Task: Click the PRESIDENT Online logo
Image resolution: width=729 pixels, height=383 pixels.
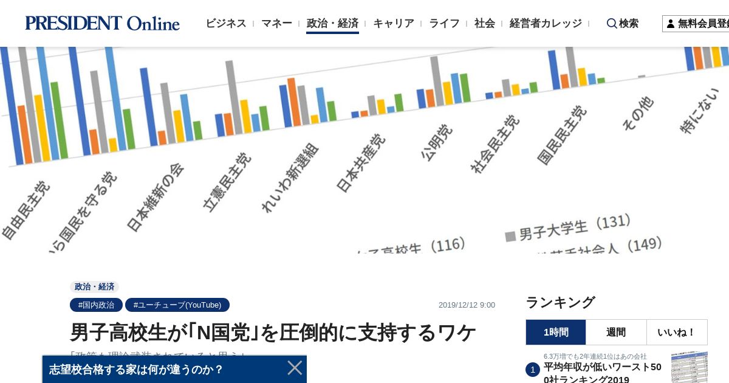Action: click(x=102, y=23)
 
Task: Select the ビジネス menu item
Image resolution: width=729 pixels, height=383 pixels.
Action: click(x=225, y=23)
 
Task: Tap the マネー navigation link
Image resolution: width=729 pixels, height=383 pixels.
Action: click(x=276, y=23)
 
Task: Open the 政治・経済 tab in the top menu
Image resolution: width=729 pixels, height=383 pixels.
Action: click(x=332, y=23)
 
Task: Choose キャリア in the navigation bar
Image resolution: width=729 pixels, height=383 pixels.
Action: click(x=393, y=23)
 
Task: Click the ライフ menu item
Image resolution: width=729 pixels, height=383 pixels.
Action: click(x=444, y=23)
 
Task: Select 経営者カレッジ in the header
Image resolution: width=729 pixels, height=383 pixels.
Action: click(x=546, y=23)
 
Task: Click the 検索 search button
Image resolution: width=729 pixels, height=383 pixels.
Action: click(x=623, y=23)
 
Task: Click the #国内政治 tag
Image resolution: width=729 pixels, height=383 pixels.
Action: click(x=96, y=305)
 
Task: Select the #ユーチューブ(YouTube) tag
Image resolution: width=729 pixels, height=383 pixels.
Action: click(x=177, y=305)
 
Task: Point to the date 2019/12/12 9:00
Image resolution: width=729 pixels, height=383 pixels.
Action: click(x=467, y=305)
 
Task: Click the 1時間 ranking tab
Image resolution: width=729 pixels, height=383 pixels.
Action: click(x=556, y=333)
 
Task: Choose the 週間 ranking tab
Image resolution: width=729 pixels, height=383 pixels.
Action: click(x=616, y=333)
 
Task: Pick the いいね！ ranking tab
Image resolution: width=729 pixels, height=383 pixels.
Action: click(x=677, y=333)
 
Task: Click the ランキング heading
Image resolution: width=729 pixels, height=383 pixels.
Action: click(x=560, y=302)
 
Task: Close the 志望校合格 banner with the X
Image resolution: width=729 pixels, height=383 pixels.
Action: click(x=295, y=368)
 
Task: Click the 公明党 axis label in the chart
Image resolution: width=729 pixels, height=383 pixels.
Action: click(x=436, y=142)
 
